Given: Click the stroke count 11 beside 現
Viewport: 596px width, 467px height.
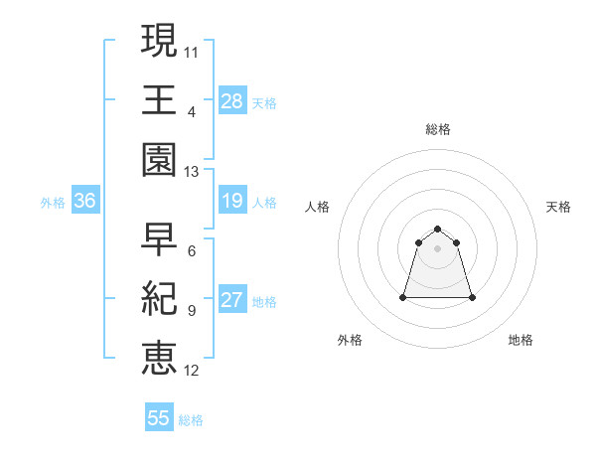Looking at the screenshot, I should coord(192,51).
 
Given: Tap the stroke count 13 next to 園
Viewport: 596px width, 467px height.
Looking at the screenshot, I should coord(192,171).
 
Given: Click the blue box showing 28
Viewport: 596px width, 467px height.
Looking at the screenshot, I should coord(231,100).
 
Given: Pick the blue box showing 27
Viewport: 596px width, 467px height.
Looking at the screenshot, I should coord(231,300).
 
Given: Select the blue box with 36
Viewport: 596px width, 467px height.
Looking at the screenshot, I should coord(84,202).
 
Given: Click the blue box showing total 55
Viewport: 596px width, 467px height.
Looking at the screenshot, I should coord(159,418).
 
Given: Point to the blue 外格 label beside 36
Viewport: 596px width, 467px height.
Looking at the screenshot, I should coord(53,203).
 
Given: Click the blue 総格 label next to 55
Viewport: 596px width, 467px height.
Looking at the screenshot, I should coord(191,420).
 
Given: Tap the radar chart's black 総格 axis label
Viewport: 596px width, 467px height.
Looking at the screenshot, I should coord(437,129).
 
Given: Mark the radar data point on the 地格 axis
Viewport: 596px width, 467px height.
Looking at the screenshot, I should coord(471,297).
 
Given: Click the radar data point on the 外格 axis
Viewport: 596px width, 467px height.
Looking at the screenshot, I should coord(404,297).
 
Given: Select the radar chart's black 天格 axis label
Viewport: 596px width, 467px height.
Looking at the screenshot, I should coord(558,207).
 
